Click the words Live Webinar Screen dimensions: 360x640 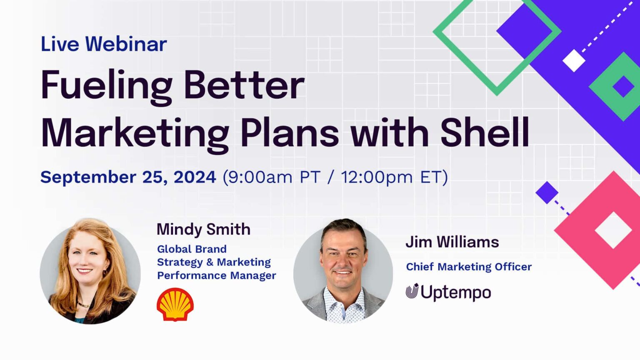pos(103,44)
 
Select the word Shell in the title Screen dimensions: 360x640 pos(485,133)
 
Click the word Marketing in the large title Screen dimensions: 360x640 pos(135,133)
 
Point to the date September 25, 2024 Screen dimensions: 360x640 pos(128,177)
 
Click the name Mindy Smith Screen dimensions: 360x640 pos(203,229)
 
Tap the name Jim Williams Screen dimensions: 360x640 pos(452,242)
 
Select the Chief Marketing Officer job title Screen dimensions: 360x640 pos(469,267)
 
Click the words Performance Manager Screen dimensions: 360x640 pos(216,275)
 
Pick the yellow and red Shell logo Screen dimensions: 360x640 pos(175,305)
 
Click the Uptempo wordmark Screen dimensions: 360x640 pos(455,292)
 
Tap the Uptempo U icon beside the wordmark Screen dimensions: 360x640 pos(412,291)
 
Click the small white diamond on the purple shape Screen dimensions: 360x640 pos(574,60)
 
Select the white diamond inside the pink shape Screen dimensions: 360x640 pos(613,230)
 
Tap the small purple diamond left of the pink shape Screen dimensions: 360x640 pos(547,192)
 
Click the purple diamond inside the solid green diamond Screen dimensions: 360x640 pos(623,87)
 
